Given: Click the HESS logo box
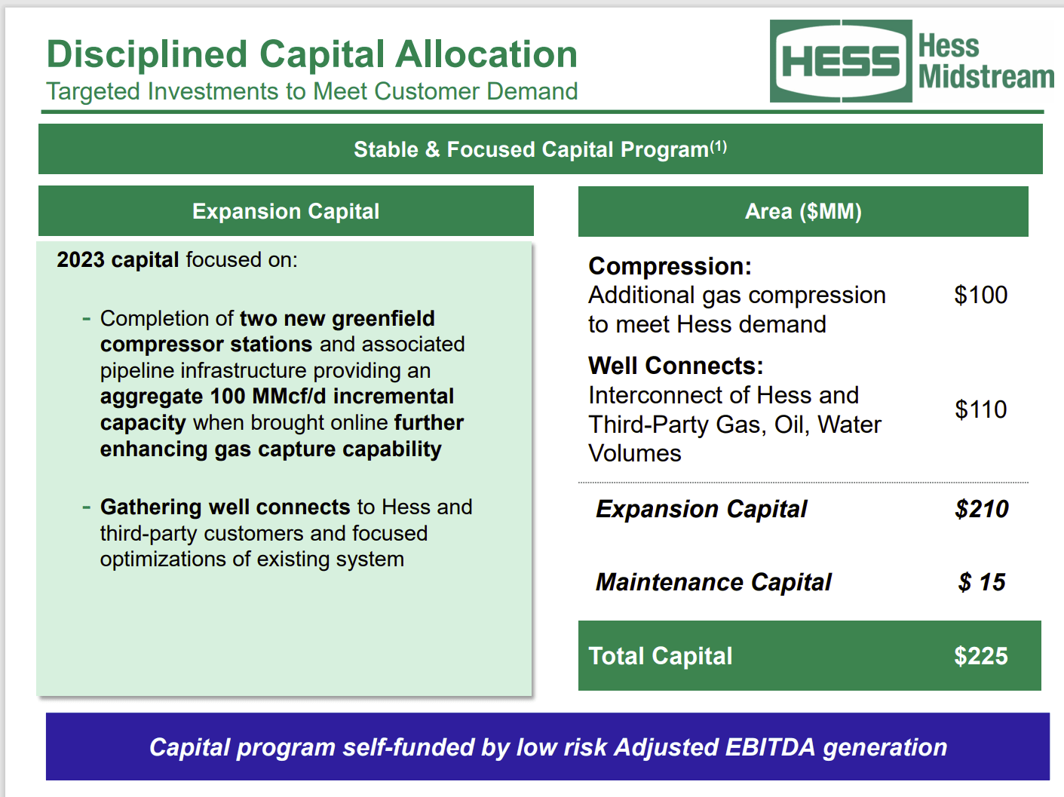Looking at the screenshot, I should [x=840, y=61].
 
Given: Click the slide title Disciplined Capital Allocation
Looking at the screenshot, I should [x=311, y=54].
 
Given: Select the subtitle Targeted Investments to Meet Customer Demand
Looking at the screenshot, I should [x=311, y=91].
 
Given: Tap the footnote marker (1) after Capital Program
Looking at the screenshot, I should [x=719, y=146].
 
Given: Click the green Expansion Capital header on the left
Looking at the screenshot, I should [x=286, y=211].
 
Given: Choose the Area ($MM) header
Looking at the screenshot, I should [x=803, y=211].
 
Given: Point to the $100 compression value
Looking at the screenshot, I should [x=980, y=295].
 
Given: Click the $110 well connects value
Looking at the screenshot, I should [x=980, y=409].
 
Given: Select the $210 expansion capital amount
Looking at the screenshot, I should [x=981, y=509].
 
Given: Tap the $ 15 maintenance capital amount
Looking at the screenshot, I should [x=982, y=582].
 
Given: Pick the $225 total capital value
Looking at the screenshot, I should [x=980, y=656].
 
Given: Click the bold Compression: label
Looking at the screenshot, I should [x=670, y=266].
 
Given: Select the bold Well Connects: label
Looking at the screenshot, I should [x=676, y=366].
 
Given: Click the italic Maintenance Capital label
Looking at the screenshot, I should [x=713, y=582].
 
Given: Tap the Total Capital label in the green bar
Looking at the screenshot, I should [x=660, y=656].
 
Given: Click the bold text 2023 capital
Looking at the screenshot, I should [x=118, y=260].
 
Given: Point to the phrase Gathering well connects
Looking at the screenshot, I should [x=225, y=507].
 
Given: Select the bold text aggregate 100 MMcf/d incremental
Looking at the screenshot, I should [x=277, y=397].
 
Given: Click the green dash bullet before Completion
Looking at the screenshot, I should [x=87, y=319].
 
